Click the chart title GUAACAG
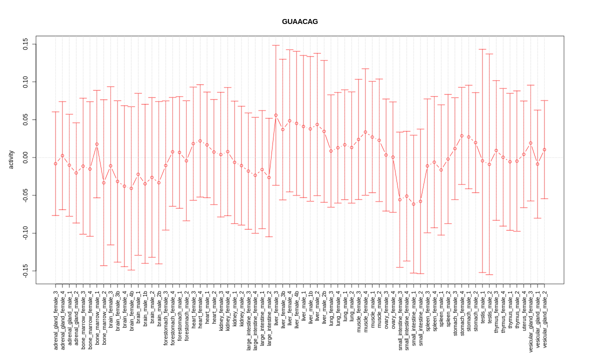[299, 21]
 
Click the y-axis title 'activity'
[11, 159]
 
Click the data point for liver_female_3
[276, 115]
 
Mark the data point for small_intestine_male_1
[413, 204]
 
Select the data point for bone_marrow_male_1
[97, 144]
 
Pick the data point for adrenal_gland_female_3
[55, 163]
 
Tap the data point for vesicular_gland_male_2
[544, 149]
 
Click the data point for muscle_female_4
[365, 132]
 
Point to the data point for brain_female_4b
[131, 188]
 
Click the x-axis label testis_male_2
[489, 312]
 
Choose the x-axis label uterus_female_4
[524, 314]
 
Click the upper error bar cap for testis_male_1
[482, 49]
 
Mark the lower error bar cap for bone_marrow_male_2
[104, 265]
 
